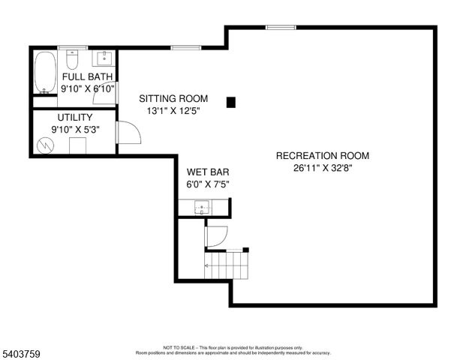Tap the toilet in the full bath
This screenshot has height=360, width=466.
(x=73, y=58)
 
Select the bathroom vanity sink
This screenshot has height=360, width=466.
(x=104, y=58)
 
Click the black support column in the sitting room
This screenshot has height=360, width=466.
(x=232, y=101)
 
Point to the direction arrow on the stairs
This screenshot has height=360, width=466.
(x=209, y=265)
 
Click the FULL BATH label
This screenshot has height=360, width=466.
(x=87, y=76)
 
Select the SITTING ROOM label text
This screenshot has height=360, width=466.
(x=173, y=98)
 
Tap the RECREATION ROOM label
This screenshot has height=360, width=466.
(x=323, y=156)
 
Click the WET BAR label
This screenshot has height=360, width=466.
(x=203, y=171)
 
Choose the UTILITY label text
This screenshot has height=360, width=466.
(x=75, y=117)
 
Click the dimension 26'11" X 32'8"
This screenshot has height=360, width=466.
(x=323, y=169)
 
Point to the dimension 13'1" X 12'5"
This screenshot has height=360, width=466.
(x=173, y=111)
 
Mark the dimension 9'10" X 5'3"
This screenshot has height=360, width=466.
(x=75, y=129)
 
